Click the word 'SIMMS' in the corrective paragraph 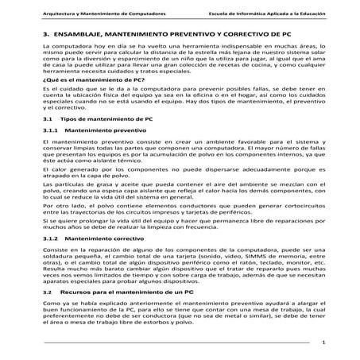(241, 256)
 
